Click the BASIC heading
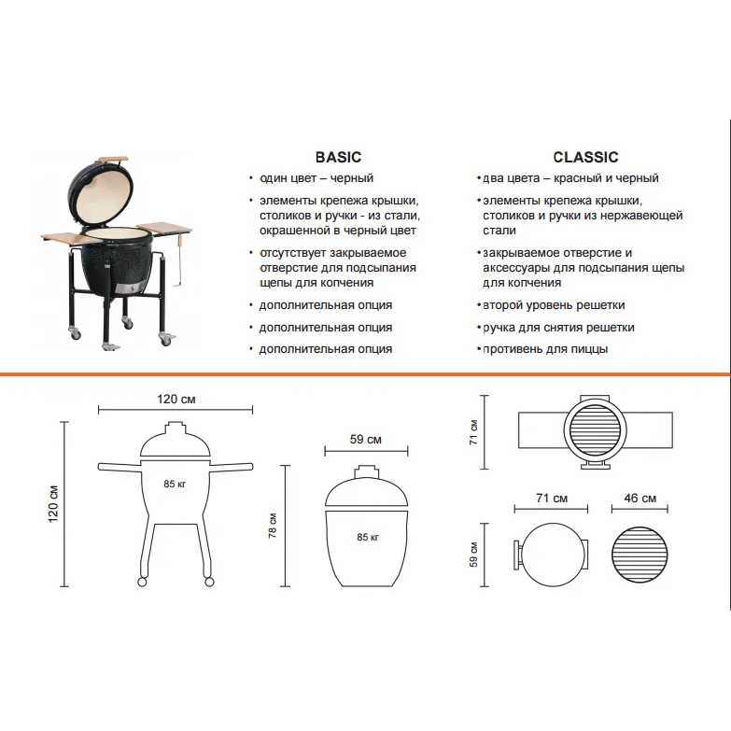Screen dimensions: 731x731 point(338,157)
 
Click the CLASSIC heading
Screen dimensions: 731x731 point(585,157)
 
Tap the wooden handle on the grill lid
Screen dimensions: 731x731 point(112,159)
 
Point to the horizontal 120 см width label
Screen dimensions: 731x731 point(176,399)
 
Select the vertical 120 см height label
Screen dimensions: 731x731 point(53,503)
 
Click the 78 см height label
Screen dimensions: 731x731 point(273,526)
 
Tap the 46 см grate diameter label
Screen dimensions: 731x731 point(640,498)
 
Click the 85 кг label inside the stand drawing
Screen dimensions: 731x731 point(175,484)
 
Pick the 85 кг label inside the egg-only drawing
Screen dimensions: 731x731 point(368,537)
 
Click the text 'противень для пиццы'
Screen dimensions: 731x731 point(545,349)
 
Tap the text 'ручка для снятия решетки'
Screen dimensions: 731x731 point(558,328)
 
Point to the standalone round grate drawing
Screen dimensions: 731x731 point(640,555)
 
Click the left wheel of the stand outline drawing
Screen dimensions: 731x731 point(142,582)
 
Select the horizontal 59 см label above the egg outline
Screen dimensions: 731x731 point(366,439)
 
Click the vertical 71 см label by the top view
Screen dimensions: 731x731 point(473,432)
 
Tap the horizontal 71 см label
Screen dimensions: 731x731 point(552,498)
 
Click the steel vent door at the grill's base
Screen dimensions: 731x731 point(129,288)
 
